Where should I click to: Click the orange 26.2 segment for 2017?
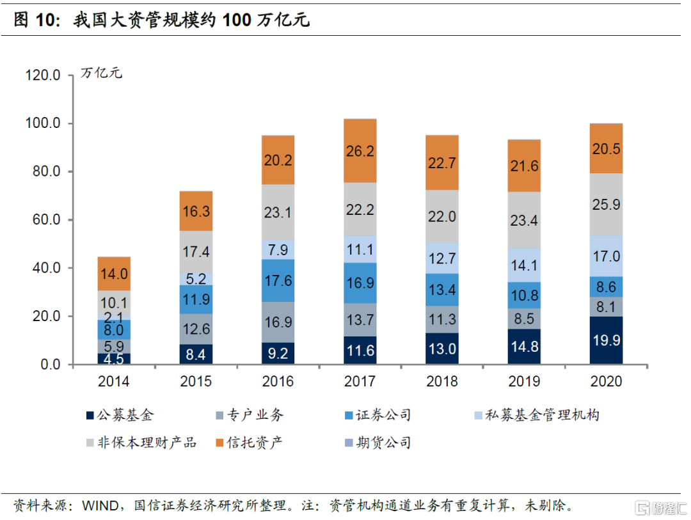point(360,151)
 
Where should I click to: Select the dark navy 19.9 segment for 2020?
point(606,340)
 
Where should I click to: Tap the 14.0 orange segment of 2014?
point(114,274)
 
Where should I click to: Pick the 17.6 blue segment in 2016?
point(278,281)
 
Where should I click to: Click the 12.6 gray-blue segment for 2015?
point(196,329)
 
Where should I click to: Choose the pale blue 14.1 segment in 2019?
point(524,265)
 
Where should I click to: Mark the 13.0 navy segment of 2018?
point(442,349)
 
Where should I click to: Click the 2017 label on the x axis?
point(360,382)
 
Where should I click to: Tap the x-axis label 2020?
point(606,382)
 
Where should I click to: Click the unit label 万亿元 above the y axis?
point(101,73)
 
